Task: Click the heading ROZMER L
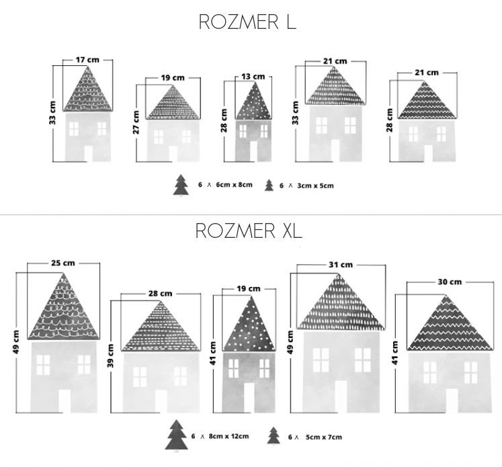247,22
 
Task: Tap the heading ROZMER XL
249,230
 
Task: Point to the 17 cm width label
87,60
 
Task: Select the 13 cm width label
253,77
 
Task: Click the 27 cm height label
136,122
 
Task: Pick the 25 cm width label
63,263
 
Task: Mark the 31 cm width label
341,265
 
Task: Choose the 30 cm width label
450,282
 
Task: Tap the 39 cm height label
111,355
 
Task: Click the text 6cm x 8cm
234,185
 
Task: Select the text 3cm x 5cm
315,185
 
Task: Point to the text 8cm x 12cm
228,436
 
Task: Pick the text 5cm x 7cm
324,437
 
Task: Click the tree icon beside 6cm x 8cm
181,185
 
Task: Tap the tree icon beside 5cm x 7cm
274,435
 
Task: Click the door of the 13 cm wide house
253,151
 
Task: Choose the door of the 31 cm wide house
341,396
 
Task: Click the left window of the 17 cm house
74,129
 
